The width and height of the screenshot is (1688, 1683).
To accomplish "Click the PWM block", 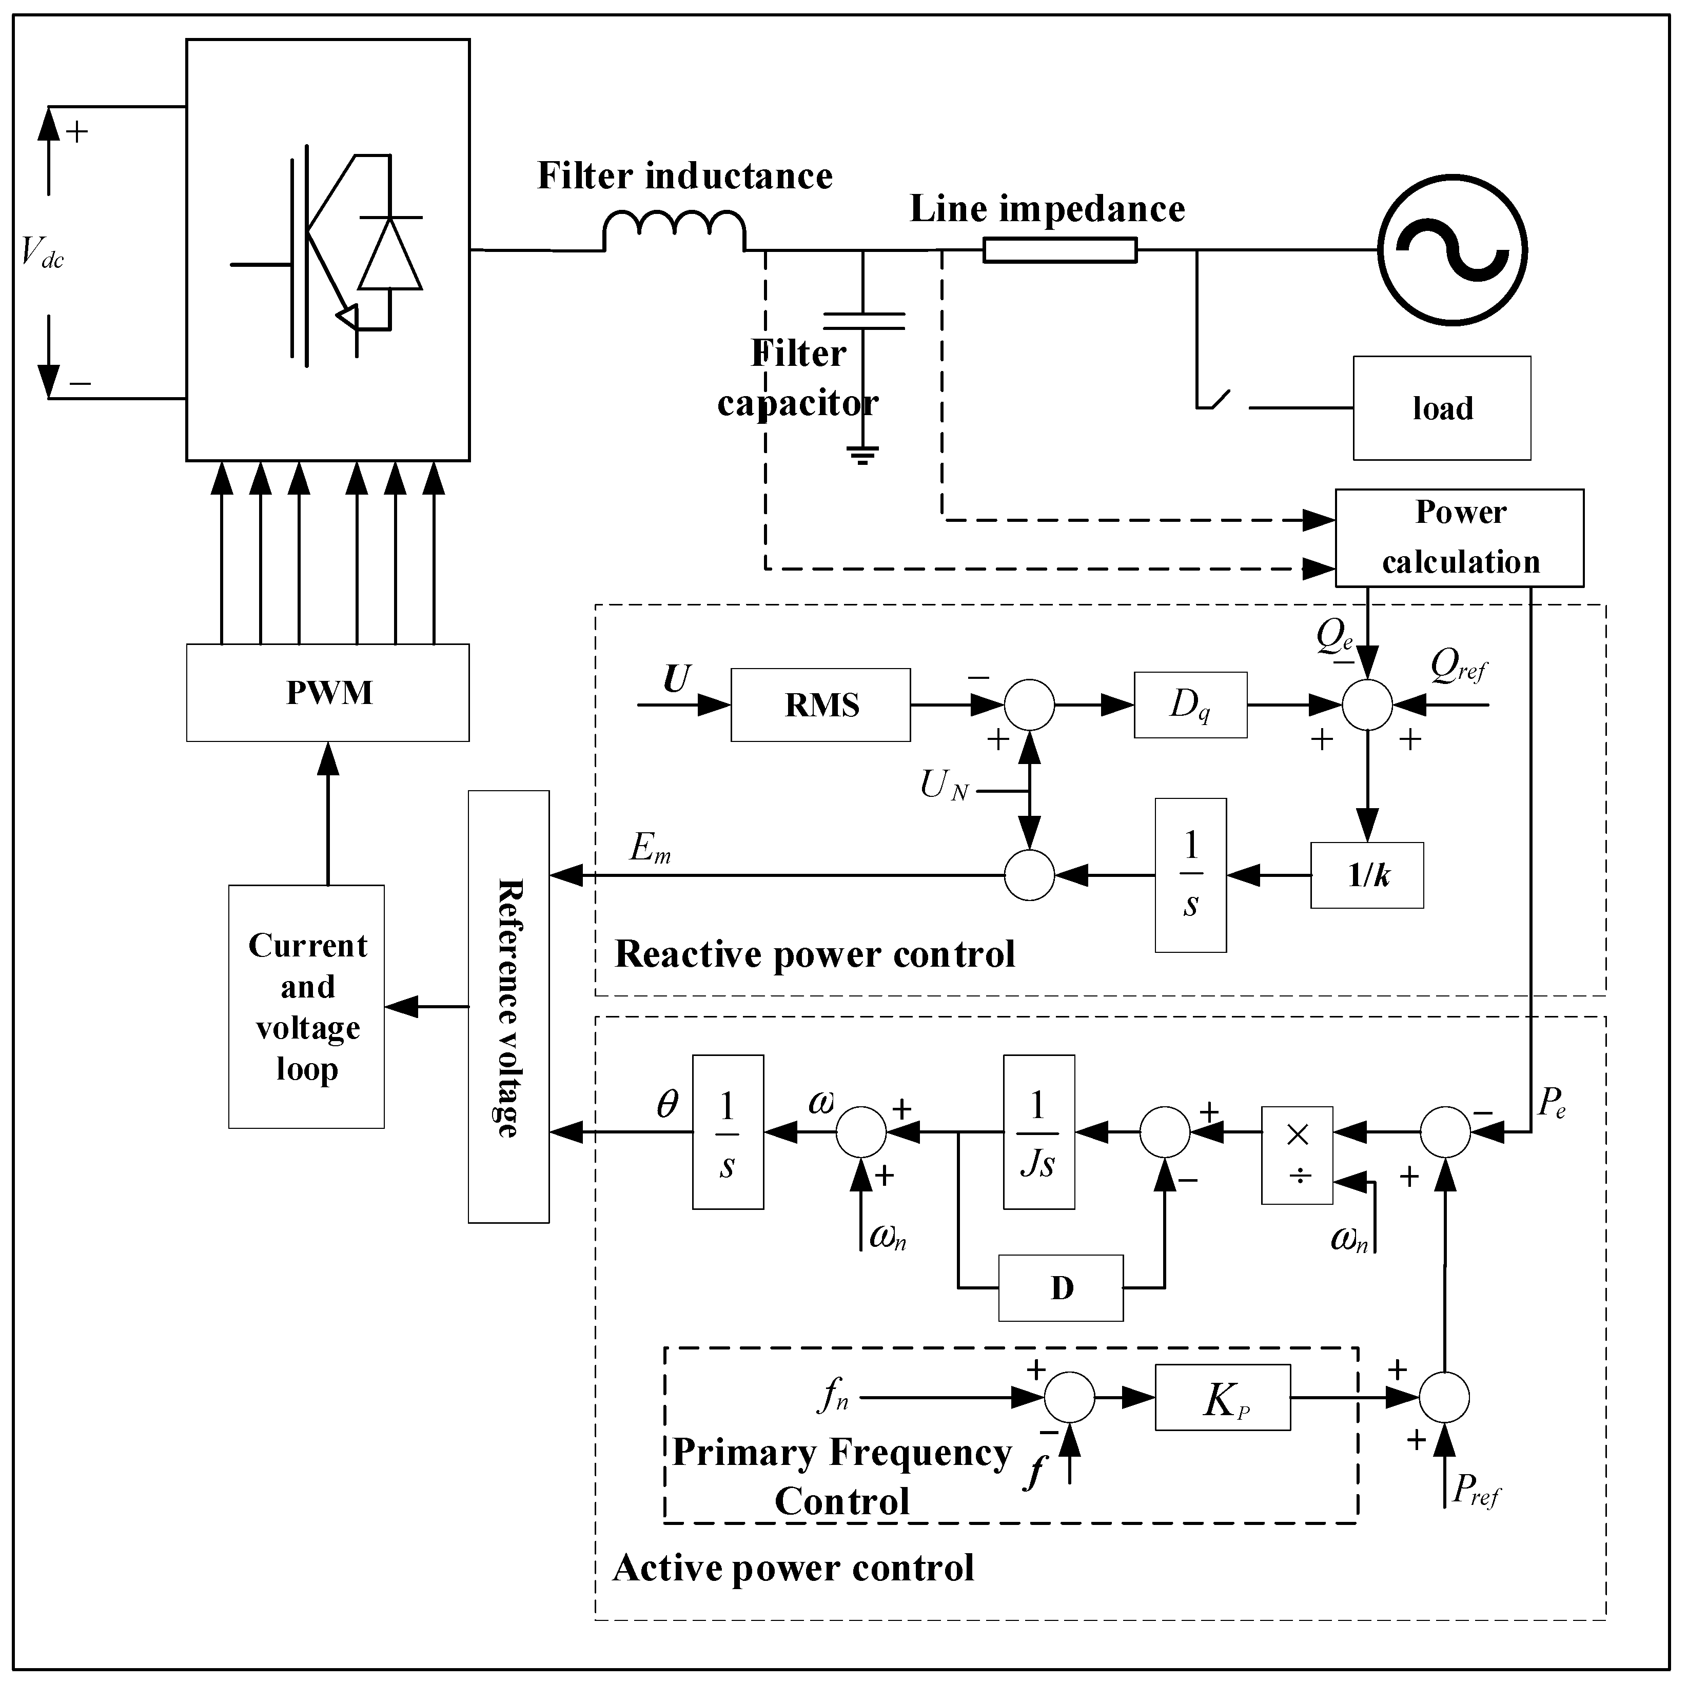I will pyautogui.click(x=328, y=693).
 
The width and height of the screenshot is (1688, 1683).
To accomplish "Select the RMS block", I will pyautogui.click(x=820, y=705).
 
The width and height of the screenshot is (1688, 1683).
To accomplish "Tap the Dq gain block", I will pyautogui.click(x=1190, y=705).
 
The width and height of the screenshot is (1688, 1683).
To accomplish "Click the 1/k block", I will pyautogui.click(x=1366, y=875).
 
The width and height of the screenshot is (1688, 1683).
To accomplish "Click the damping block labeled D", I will pyautogui.click(x=1061, y=1288).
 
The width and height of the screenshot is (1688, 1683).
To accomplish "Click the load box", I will pyautogui.click(x=1442, y=408).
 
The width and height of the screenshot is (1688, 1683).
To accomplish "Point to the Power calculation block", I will pyautogui.click(x=1459, y=537).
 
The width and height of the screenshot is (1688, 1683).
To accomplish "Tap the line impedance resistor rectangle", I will pyautogui.click(x=1060, y=251).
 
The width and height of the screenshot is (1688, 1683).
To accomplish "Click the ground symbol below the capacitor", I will pyautogui.click(x=862, y=455).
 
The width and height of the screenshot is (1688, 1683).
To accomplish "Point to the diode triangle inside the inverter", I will pyautogui.click(x=389, y=253).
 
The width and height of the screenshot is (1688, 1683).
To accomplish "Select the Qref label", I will pyautogui.click(x=1457, y=667).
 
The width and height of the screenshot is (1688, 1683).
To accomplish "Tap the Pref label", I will pyautogui.click(x=1475, y=1490).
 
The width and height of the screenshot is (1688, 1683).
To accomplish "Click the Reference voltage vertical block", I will pyautogui.click(x=508, y=1007).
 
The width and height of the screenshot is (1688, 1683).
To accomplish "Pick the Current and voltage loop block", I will pyautogui.click(x=307, y=1007).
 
